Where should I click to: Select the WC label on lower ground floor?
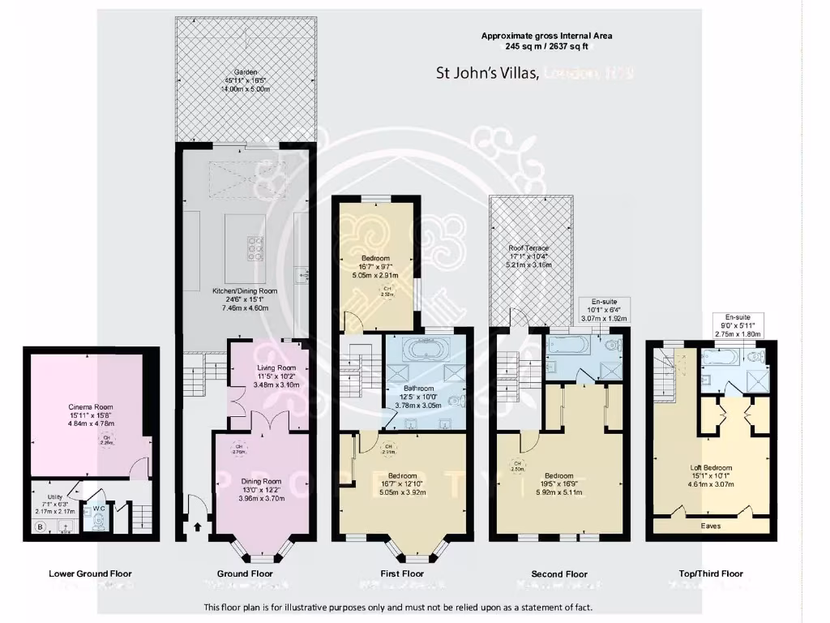97,509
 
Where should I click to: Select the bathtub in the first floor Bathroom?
426,350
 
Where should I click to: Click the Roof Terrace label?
528,248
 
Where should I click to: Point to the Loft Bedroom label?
710,468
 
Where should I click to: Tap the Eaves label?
710,526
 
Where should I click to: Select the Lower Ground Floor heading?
90,574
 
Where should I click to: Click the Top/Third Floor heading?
710,574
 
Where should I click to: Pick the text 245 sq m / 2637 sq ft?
546,47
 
